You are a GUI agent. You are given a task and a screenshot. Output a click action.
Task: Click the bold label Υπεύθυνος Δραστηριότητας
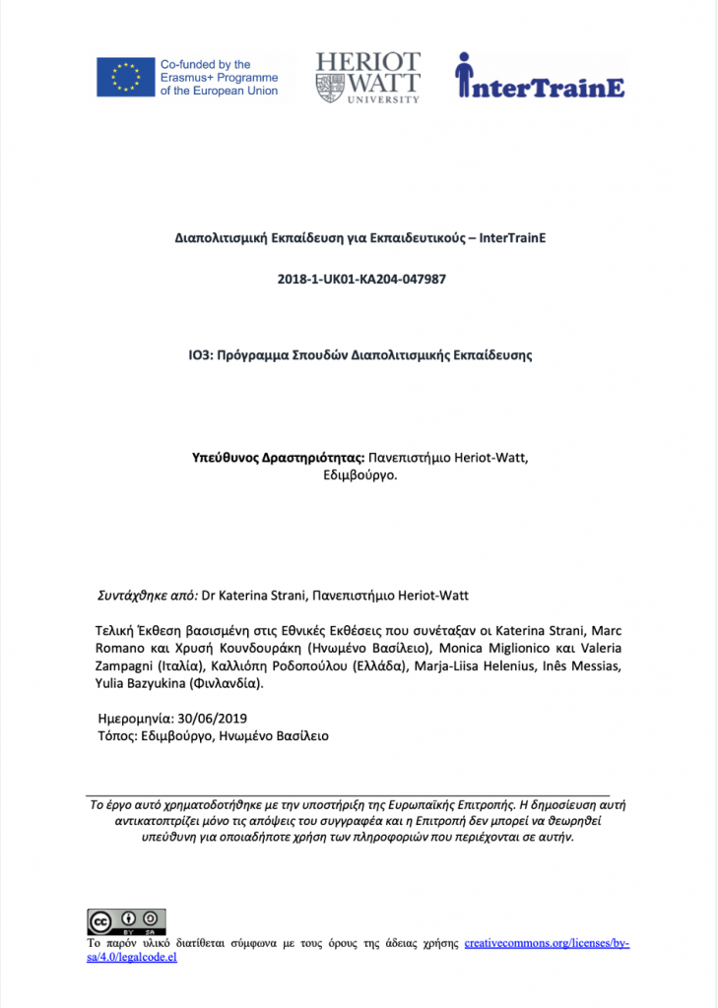279,458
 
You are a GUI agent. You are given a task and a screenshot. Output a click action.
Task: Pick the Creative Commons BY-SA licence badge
127,921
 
